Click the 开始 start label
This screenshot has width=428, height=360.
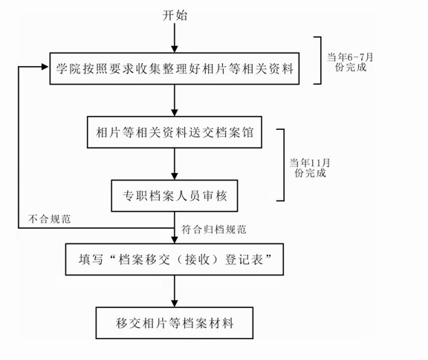pyautogui.click(x=175, y=16)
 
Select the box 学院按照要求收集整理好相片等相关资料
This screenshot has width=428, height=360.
pyautogui.click(x=175, y=68)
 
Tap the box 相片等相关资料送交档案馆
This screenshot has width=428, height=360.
pyautogui.click(x=175, y=132)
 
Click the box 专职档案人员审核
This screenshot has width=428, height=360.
pyautogui.click(x=175, y=196)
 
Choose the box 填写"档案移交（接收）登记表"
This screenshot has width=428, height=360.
pyautogui.click(x=175, y=259)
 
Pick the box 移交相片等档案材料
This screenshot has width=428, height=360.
pyautogui.click(x=175, y=323)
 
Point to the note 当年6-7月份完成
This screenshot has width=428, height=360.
pyautogui.click(x=350, y=62)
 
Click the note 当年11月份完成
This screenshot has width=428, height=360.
pyautogui.click(x=310, y=168)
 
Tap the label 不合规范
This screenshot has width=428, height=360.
pyautogui.click(x=49, y=219)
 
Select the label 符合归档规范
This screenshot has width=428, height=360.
pyautogui.click(x=214, y=229)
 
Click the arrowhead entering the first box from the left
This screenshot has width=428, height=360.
pyautogui.click(x=45, y=67)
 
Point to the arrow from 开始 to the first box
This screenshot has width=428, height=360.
pyautogui.click(x=175, y=38)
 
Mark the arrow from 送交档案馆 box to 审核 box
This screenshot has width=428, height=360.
pyautogui.click(x=175, y=164)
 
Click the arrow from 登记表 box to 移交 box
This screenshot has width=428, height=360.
pyautogui.click(x=175, y=291)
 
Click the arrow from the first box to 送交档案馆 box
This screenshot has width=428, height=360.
pyautogui.click(x=175, y=100)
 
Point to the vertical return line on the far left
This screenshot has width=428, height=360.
pyautogui.click(x=19, y=147)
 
